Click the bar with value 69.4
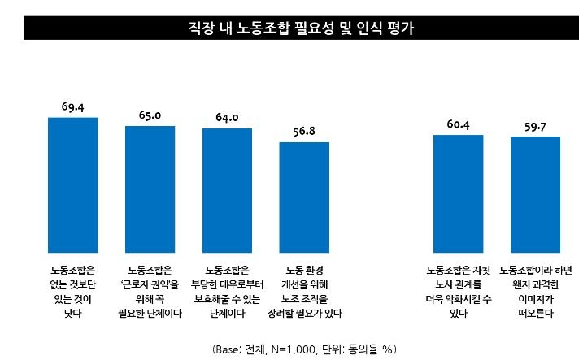click(73, 184)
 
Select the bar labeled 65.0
click(150, 189)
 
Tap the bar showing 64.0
click(228, 189)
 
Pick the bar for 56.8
click(304, 197)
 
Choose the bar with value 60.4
click(458, 193)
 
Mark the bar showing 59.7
click(535, 193)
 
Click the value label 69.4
click(73, 106)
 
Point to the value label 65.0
click(150, 115)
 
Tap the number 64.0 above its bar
click(227, 117)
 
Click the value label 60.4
click(458, 124)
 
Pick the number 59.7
click(535, 126)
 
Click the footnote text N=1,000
click(302, 349)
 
